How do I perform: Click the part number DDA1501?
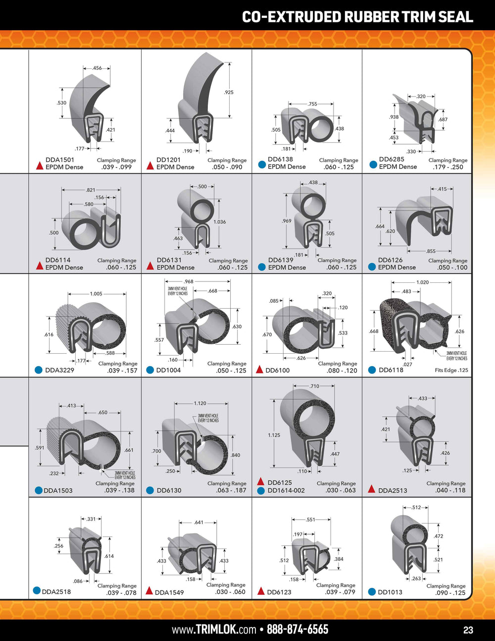click(59, 160)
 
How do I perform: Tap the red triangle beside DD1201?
click(150, 166)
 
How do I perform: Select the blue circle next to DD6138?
click(262, 164)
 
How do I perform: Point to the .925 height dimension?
click(229, 92)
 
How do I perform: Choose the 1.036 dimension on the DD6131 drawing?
click(219, 222)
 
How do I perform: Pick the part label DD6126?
click(390, 260)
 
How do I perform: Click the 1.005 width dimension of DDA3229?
click(96, 294)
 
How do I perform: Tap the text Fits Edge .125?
click(451, 370)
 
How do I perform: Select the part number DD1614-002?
click(286, 490)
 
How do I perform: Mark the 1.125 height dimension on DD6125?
click(274, 435)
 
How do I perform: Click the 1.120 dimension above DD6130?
click(200, 403)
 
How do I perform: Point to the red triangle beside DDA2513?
click(372, 489)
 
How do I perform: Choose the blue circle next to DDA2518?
click(37, 590)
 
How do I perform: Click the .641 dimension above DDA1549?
click(198, 523)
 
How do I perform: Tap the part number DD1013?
click(390, 592)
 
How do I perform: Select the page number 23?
click(468, 630)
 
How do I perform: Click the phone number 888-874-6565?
click(297, 629)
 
